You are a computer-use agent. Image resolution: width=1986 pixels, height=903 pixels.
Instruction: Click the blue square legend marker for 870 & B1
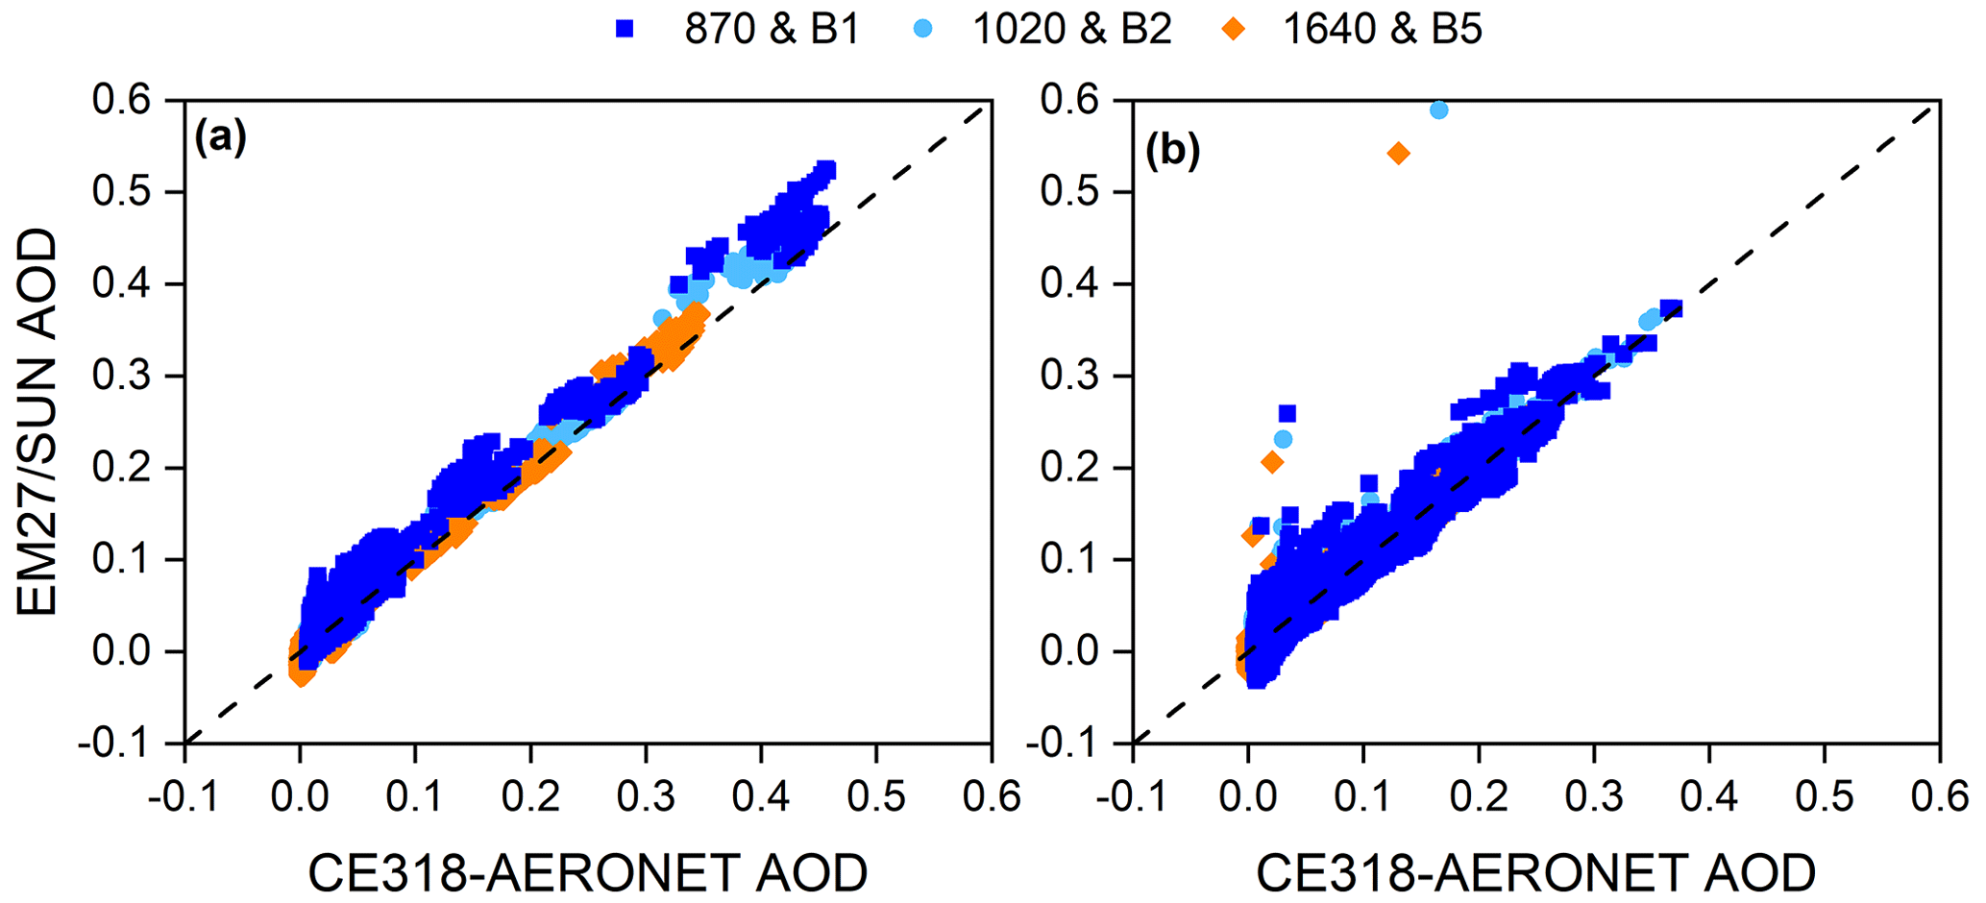point(625,30)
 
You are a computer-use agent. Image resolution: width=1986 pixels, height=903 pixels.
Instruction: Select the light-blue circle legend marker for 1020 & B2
point(923,30)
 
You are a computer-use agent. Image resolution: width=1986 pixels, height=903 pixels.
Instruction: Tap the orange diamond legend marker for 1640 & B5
point(1234,30)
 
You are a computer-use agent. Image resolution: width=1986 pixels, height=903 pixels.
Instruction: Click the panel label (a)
point(220,138)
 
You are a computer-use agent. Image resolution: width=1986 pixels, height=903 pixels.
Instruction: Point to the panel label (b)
point(1172,152)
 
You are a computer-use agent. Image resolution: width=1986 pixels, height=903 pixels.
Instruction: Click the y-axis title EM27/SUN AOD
point(37,422)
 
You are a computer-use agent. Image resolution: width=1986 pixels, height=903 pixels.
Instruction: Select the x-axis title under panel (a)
point(587,872)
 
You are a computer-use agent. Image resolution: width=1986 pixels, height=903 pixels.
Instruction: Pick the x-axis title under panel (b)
point(1535,872)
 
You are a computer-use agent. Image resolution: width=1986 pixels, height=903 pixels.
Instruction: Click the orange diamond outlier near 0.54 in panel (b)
point(1398,154)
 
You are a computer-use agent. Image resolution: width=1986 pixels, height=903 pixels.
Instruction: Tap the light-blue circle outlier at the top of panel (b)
point(1438,110)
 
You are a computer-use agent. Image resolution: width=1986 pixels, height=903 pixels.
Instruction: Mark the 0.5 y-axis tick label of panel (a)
point(123,192)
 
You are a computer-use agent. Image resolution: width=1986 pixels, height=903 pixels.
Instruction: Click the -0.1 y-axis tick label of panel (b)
point(1067,744)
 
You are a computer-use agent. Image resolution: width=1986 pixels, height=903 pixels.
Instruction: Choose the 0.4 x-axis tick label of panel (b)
point(1708,795)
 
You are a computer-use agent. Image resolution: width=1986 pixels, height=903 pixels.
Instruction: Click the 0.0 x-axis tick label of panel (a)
point(300,795)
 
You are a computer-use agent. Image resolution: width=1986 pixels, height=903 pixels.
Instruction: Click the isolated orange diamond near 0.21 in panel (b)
point(1272,463)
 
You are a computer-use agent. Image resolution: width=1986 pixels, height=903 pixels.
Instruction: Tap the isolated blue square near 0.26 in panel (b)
point(1287,414)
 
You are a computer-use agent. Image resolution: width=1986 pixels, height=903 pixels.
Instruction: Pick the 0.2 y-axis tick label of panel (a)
point(123,468)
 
